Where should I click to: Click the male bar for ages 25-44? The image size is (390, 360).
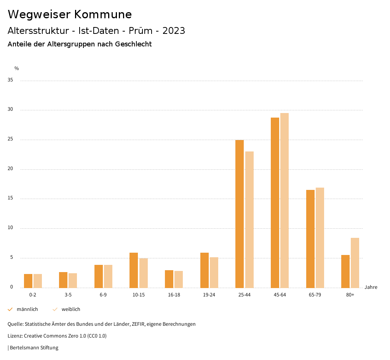pos(240,214)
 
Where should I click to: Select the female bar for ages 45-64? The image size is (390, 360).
pos(285,200)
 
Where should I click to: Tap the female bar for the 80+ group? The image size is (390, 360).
pos(355,263)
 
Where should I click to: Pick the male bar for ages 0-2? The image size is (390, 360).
pos(28,281)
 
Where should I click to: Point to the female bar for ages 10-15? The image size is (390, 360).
pos(143,273)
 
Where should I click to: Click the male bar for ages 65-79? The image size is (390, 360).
pos(310,239)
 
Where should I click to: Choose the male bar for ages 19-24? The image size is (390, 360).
pos(205,270)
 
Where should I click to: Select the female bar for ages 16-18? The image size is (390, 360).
pos(179,279)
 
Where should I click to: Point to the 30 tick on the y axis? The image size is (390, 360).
pos(10,110)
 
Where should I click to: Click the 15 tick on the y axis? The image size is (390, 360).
pos(10,198)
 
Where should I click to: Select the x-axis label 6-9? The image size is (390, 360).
pos(103,295)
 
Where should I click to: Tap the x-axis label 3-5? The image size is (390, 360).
pos(68,295)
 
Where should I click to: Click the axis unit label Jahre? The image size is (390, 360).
pos(371,287)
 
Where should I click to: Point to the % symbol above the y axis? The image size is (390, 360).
pos(17,68)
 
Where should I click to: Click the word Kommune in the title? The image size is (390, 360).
pos(103,14)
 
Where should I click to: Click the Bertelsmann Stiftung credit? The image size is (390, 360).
pos(34,348)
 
